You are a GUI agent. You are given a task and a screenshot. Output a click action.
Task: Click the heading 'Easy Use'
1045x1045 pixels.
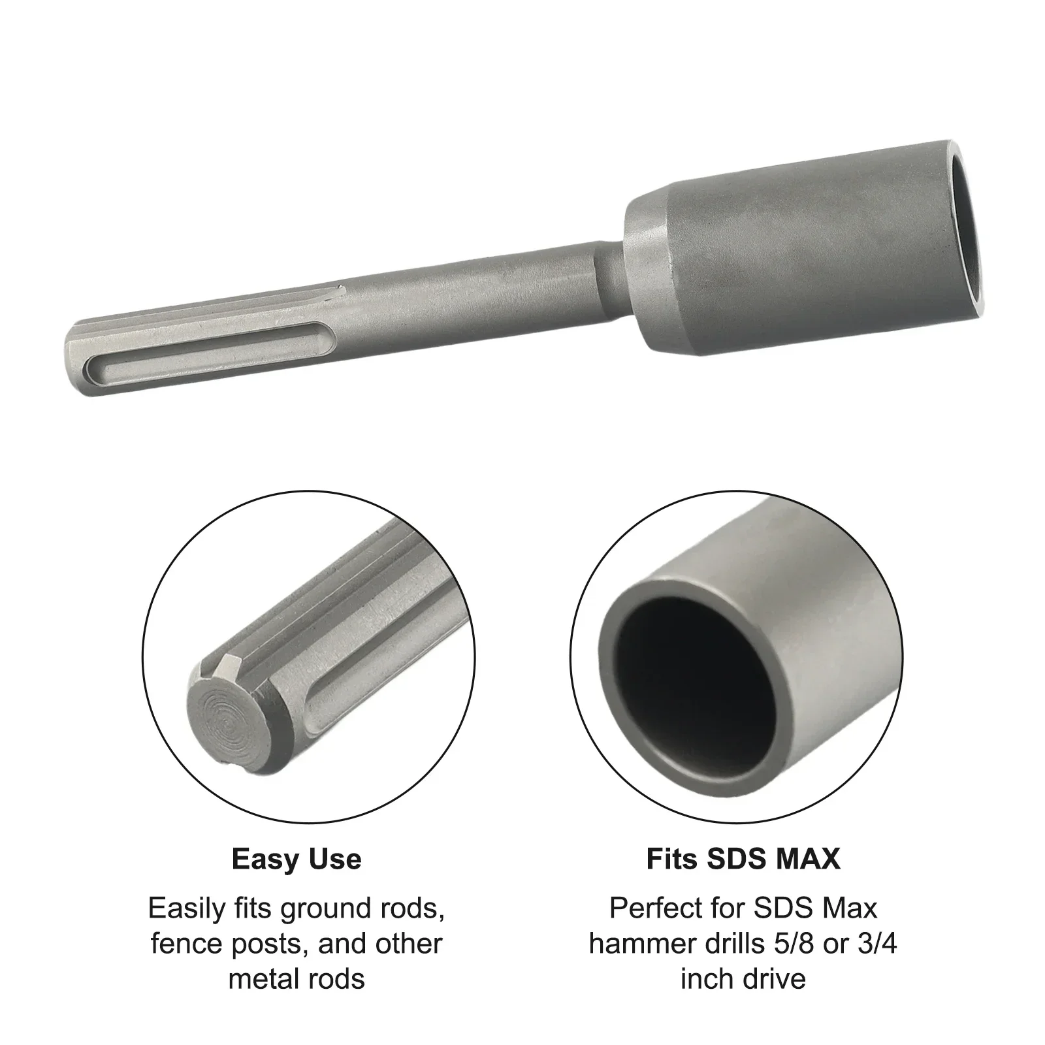tap(296, 860)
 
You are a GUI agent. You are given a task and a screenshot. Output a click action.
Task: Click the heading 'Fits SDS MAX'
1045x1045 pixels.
tap(743, 860)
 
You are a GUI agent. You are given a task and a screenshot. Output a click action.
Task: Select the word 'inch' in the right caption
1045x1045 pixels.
tap(705, 978)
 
